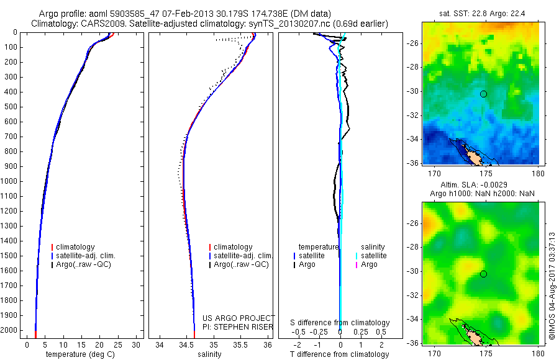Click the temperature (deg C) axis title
click(81, 354)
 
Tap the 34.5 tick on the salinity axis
click(186, 344)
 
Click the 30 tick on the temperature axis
click(136, 344)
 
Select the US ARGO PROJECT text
click(238, 318)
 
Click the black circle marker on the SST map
click(483, 94)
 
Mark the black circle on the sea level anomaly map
click(483, 274)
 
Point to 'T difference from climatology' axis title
click(340, 354)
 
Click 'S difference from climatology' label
click(340, 323)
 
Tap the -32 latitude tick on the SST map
click(414, 115)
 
